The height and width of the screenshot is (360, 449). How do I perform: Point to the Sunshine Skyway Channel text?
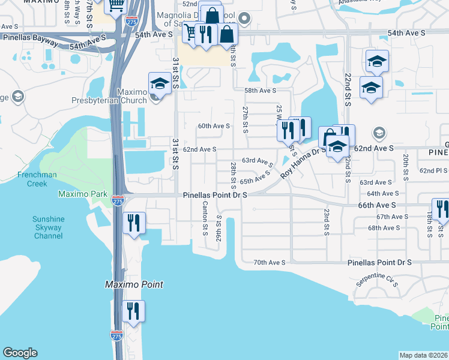pos(40,227)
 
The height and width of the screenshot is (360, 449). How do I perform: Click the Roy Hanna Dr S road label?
pos(303,162)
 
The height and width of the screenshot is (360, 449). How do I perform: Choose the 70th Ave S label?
pos(268,262)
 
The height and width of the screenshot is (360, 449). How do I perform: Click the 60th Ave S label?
pos(214,126)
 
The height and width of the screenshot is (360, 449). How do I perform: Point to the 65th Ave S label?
pos(255,178)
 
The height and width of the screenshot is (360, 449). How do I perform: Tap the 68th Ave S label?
pos(384,228)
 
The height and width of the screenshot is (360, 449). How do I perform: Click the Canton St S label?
pos(205,218)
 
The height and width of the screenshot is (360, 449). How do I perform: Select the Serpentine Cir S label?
pos(377,283)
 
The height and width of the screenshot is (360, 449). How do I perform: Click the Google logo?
pos(20,353)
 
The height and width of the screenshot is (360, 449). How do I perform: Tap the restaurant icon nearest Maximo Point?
pos(133,311)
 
